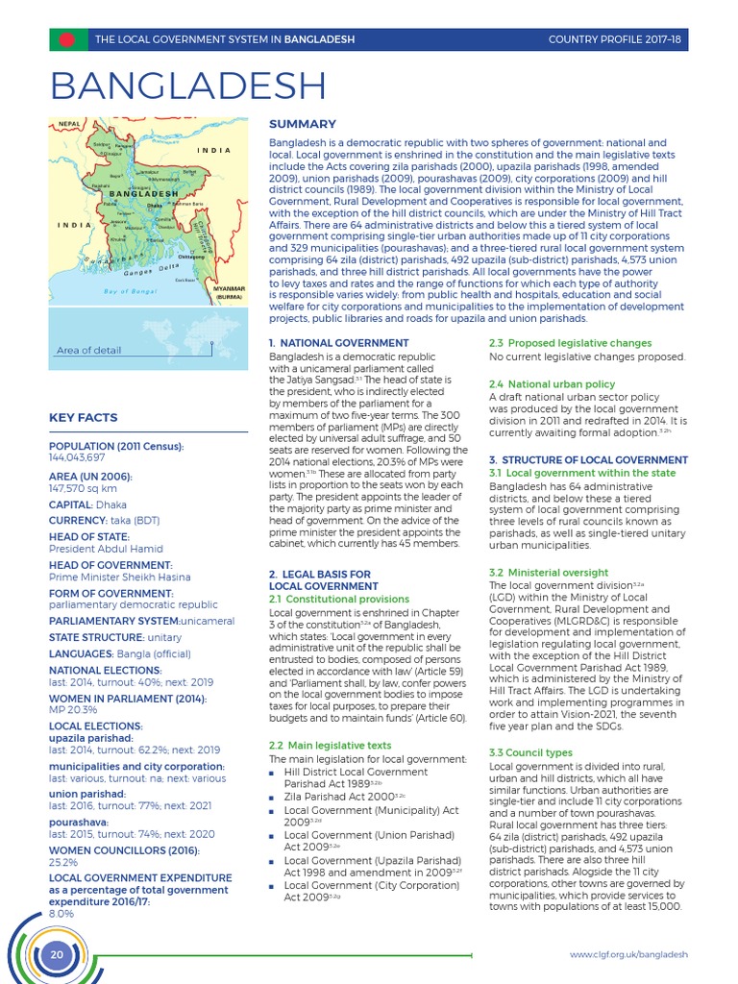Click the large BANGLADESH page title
(187, 86)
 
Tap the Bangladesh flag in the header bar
(66, 39)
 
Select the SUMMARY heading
(302, 124)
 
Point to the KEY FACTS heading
(84, 418)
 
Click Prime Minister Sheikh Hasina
(119, 577)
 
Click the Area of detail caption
(89, 350)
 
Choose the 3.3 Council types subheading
(530, 752)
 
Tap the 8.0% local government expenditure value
(61, 913)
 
